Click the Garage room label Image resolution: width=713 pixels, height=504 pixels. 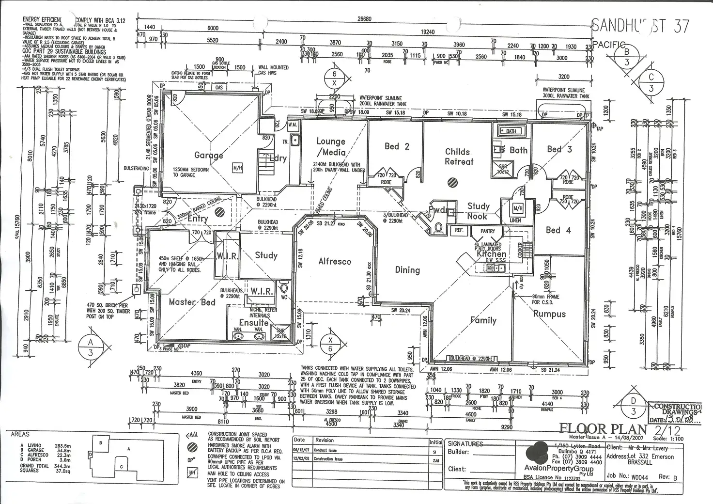coord(208,155)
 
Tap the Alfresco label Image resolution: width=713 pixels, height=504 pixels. coord(335,261)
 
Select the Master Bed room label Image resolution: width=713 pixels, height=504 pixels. coord(192,302)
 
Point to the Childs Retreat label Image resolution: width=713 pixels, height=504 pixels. coord(458,157)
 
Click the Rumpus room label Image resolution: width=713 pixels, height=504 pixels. coord(549,314)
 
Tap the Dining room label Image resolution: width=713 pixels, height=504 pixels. coord(407,270)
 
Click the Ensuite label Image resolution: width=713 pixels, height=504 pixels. coord(253,322)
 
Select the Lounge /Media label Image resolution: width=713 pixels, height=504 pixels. coord(331,146)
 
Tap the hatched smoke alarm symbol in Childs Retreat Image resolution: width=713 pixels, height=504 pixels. coord(452,182)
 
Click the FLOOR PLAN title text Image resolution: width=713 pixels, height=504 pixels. coord(603,428)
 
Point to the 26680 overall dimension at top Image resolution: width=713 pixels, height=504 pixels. coord(364,19)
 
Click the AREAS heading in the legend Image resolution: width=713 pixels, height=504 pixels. coord(20,434)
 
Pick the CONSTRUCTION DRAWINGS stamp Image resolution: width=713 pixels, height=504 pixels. coord(677,413)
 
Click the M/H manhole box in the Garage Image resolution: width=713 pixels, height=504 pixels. coord(237,168)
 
